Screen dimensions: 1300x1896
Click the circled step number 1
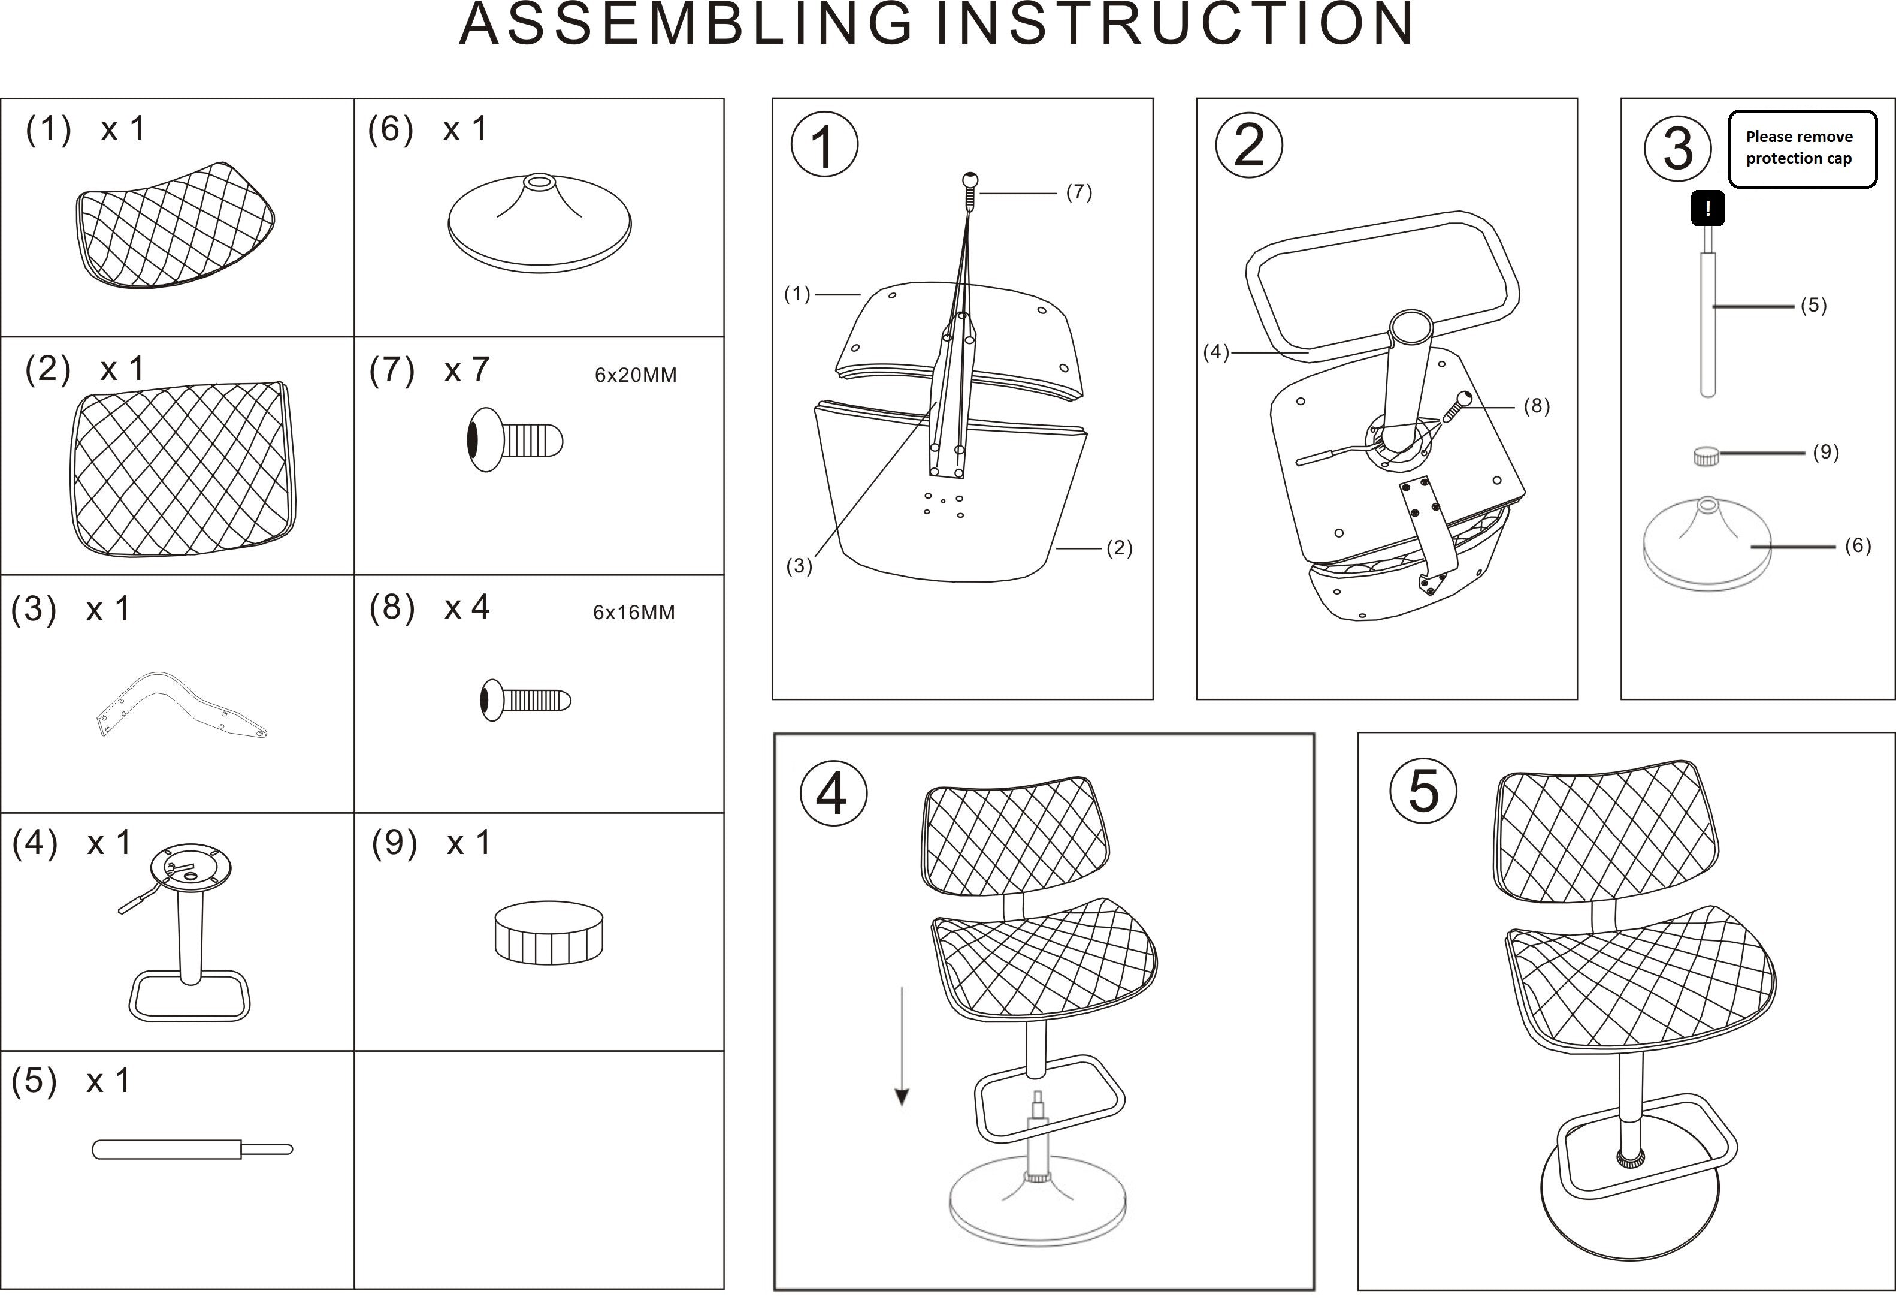point(824,145)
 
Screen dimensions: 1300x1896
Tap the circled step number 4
point(833,792)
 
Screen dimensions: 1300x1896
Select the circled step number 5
point(1423,790)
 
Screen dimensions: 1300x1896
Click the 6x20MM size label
point(635,375)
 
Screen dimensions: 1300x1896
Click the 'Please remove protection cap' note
point(1801,149)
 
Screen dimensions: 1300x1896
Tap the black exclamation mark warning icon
point(1707,208)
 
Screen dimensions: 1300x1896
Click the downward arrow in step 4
point(902,1045)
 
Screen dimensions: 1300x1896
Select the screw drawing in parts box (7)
point(515,440)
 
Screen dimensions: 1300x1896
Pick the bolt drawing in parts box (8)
point(525,700)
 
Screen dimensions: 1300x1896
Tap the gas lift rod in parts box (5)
point(192,1149)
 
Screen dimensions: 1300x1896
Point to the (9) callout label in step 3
point(1825,452)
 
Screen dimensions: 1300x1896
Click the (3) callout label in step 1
point(799,566)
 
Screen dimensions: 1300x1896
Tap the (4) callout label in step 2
point(1215,352)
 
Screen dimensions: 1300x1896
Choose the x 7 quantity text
point(466,370)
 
